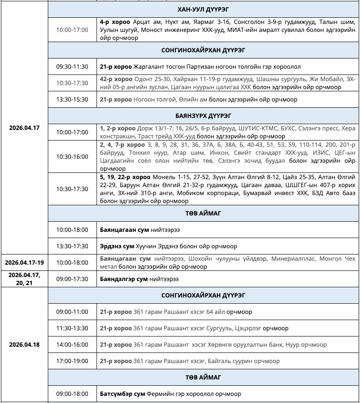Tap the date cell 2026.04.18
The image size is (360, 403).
(x=24, y=344)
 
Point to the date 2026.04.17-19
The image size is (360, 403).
(x=24, y=262)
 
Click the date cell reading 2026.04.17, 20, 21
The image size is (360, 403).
(x=24, y=279)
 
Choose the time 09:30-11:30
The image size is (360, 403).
(x=72, y=67)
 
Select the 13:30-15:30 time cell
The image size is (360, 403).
(x=72, y=100)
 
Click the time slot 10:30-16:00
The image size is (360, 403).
(x=72, y=157)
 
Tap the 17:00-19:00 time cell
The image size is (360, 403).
(x=72, y=361)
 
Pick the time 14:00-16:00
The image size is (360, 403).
(x=72, y=344)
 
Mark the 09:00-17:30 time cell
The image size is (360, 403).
(x=72, y=279)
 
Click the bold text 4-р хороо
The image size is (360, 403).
(x=115, y=22)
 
